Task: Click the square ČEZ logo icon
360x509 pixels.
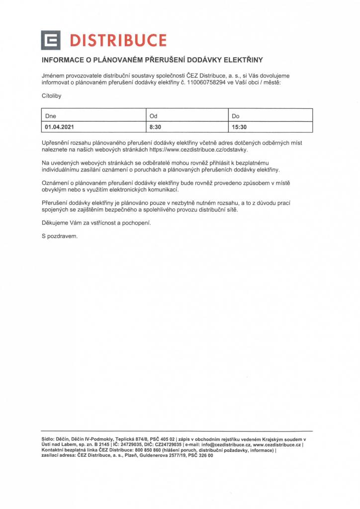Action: [51, 40]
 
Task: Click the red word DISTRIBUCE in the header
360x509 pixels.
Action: [118, 40]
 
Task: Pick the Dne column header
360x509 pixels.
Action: [51, 116]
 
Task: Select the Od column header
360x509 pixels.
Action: [153, 116]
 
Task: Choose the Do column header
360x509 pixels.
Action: [236, 116]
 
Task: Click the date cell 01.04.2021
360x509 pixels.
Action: [59, 127]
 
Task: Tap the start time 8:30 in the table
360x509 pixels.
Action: [155, 127]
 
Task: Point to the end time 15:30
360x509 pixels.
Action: [239, 127]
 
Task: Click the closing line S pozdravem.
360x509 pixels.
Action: [60, 236]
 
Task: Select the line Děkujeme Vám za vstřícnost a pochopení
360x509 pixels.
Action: [96, 223]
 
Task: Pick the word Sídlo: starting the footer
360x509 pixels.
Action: [48, 440]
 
